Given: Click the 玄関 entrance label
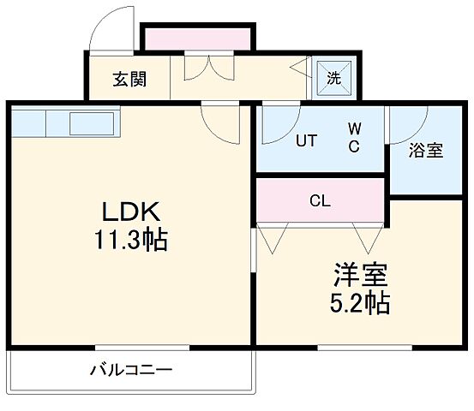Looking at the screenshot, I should click(x=129, y=80).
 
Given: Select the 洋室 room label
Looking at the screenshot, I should click(x=360, y=276).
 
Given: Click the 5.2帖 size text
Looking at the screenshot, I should click(x=360, y=302).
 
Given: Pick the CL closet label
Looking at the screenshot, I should click(x=320, y=202).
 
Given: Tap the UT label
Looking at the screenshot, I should click(x=306, y=142).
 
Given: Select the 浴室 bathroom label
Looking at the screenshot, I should click(x=425, y=151).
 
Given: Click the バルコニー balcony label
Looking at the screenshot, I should click(x=131, y=371).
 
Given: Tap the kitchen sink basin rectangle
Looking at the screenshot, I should click(x=96, y=123).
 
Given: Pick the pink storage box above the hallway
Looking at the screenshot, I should click(x=198, y=39).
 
